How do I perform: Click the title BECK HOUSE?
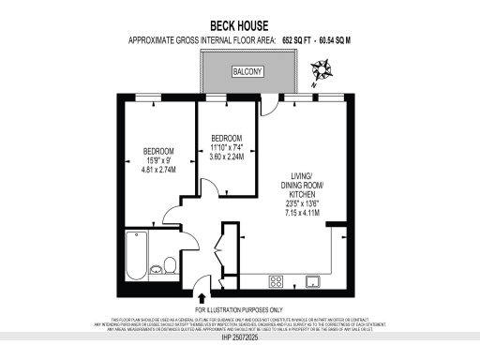(239, 27)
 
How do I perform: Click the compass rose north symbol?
(323, 68)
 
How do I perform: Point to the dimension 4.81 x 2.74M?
(158, 171)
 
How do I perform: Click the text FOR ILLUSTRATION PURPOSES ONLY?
(239, 309)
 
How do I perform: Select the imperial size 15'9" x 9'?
(158, 161)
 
